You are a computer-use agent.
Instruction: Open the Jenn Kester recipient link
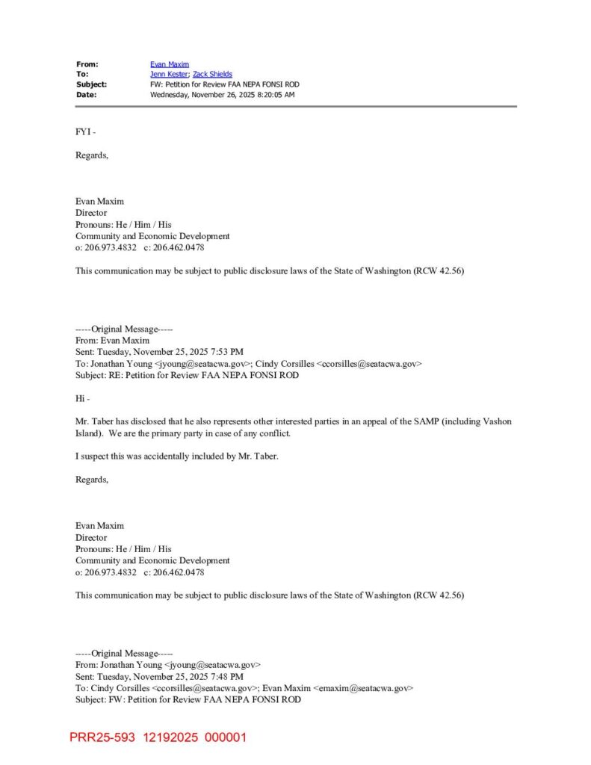pyautogui.click(x=169, y=74)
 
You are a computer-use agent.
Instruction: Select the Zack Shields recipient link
pyautogui.click(x=212, y=74)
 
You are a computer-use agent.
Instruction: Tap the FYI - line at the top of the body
pyautogui.click(x=85, y=132)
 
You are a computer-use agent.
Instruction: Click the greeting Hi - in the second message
pyautogui.click(x=82, y=398)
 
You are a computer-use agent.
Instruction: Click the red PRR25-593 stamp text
pyautogui.click(x=102, y=738)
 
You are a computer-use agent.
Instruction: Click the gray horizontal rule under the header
pyautogui.click(x=296, y=107)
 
